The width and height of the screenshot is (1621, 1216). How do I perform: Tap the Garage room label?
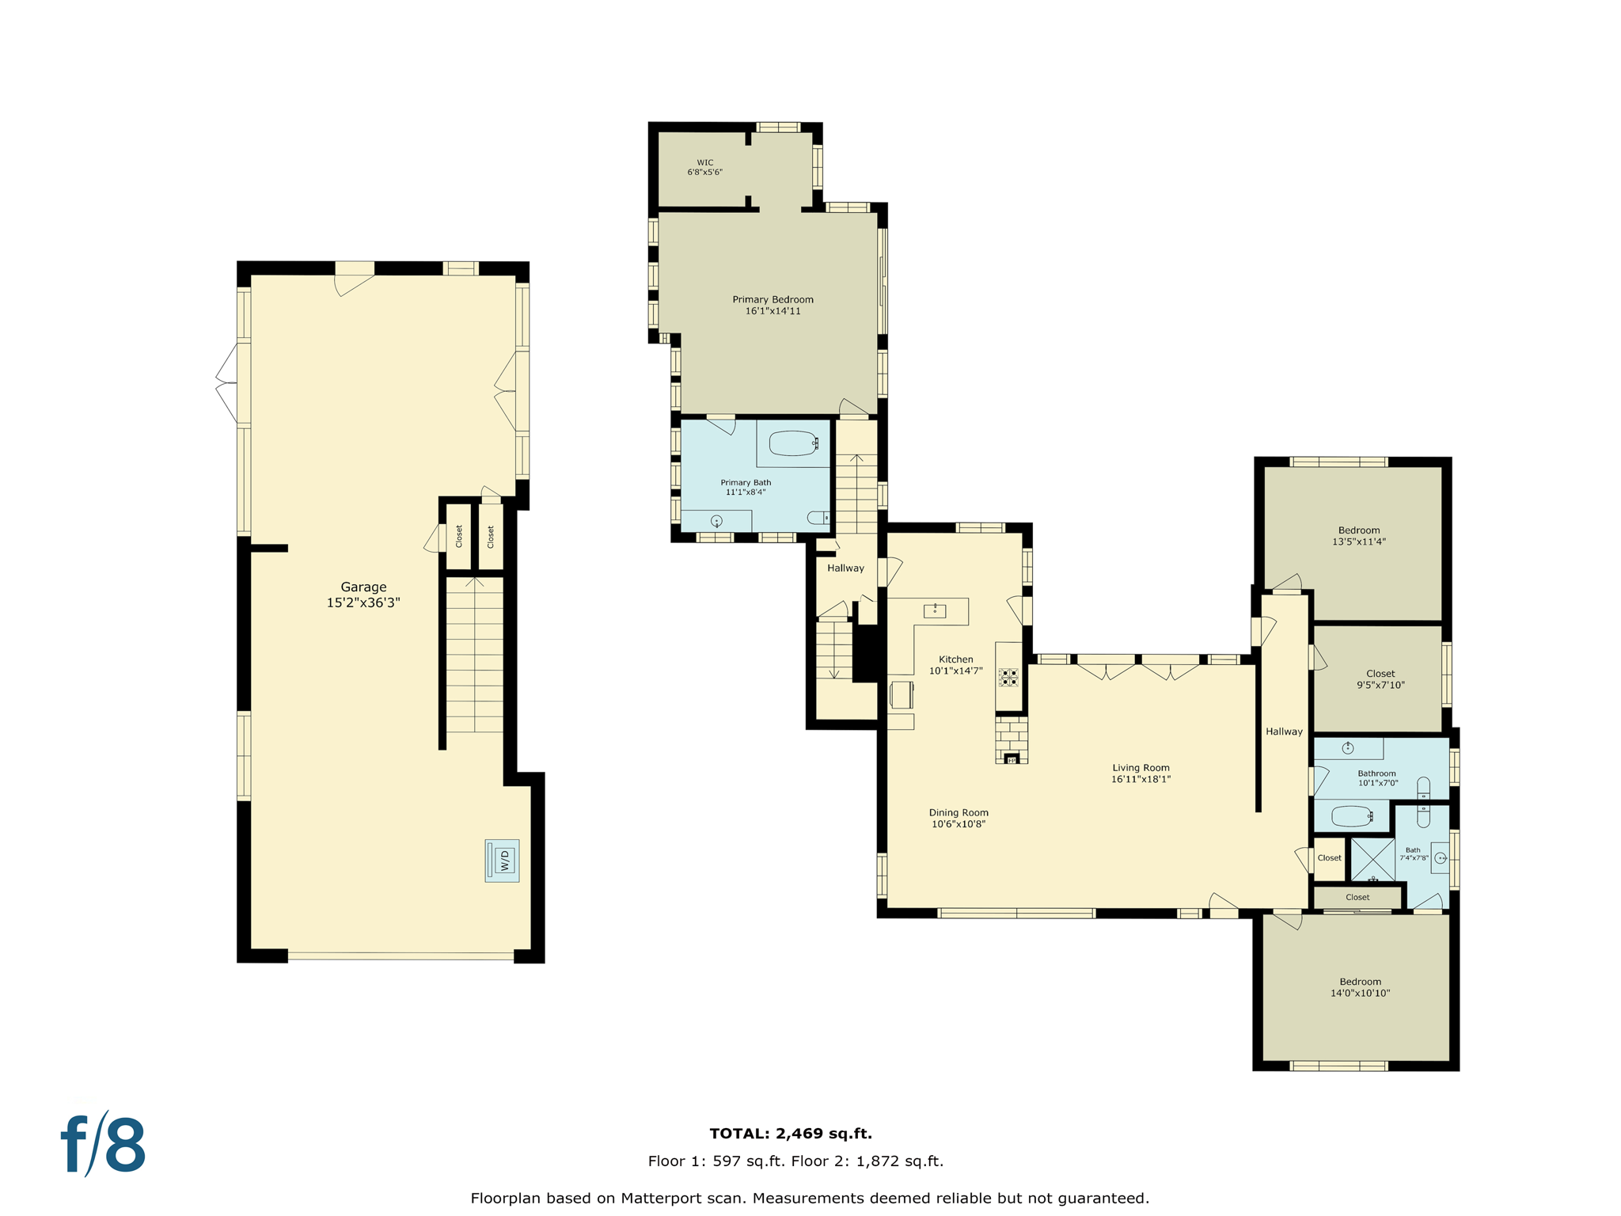point(363,587)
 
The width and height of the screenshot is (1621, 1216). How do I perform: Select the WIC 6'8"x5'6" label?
point(704,167)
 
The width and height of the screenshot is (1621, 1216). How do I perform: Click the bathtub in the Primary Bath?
point(793,443)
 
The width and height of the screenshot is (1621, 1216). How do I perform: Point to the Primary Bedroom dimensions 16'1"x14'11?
point(773,311)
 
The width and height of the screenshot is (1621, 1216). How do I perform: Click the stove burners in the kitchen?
point(1008,677)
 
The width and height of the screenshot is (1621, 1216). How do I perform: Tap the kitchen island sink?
point(935,610)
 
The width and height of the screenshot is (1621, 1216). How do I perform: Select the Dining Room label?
point(958,813)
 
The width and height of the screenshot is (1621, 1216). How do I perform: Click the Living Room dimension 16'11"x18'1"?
point(1141,779)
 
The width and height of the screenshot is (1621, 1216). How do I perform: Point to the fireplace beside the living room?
point(1011,741)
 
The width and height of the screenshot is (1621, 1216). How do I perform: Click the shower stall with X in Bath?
point(1372,860)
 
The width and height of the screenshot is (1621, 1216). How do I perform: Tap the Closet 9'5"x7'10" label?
point(1380,679)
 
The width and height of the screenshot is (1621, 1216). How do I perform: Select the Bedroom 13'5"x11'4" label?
point(1358,536)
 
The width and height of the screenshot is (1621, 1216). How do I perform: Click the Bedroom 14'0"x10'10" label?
point(1360,987)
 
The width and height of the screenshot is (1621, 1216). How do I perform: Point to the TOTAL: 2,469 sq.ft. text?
point(791,1134)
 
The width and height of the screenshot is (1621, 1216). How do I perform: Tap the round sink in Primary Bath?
point(716,521)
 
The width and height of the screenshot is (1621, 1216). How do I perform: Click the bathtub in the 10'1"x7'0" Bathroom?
point(1351,815)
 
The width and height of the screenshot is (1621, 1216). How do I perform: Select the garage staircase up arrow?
point(474,584)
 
